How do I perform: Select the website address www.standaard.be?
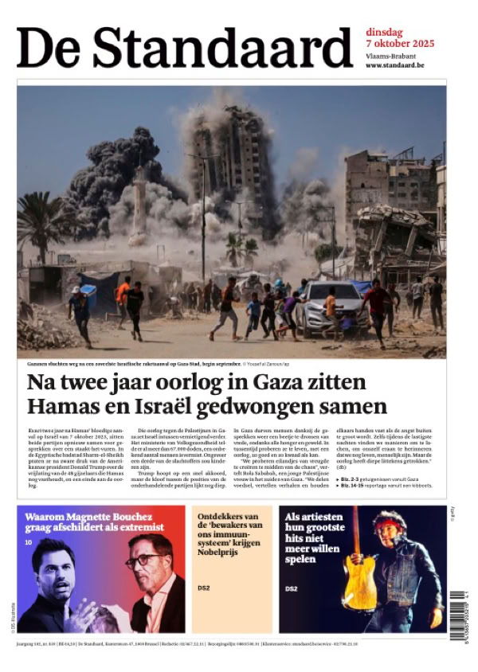(x=394, y=64)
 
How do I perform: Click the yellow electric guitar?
(x=359, y=569)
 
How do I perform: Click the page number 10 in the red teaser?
(x=28, y=543)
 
